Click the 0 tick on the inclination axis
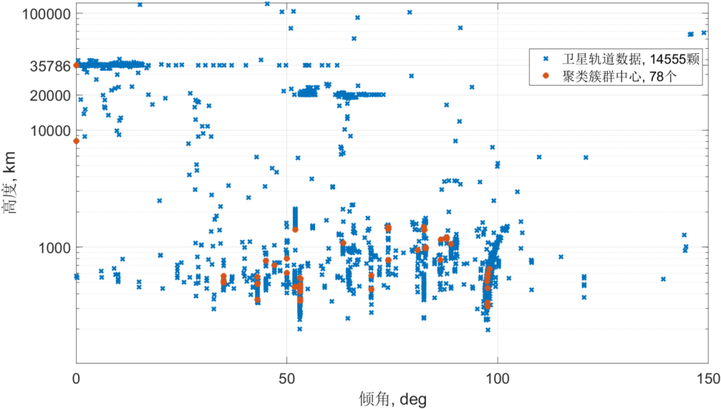tap(77, 376)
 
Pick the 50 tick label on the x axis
tap(287, 376)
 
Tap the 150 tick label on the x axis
tap(706, 376)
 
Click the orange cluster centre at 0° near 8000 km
tap(76, 141)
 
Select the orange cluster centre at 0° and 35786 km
tap(76, 65)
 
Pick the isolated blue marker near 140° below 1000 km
tap(663, 279)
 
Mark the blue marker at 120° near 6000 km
tap(585, 158)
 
